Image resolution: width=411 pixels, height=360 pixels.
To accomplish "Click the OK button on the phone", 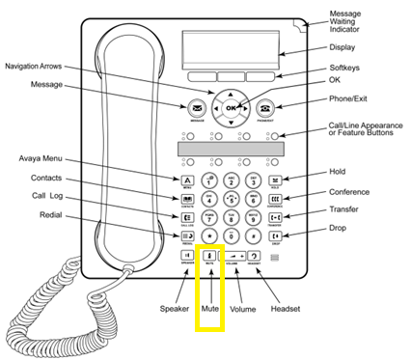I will [x=232, y=108].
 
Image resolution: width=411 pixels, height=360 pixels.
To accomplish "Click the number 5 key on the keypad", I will [x=232, y=198].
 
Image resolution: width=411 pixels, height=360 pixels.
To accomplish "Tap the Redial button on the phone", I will [x=184, y=234].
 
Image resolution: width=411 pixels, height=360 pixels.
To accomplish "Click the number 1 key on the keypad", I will [x=209, y=180].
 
